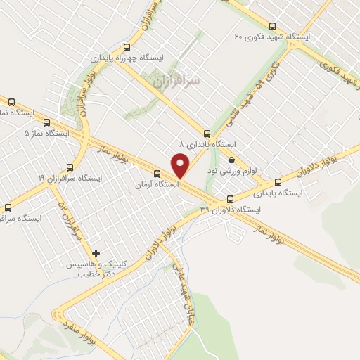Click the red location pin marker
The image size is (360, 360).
181,165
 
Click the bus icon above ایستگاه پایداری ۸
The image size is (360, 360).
207,133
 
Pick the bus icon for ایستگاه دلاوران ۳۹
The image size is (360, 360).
231,199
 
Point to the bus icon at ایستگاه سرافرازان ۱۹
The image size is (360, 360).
69,167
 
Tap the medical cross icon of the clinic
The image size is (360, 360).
96,253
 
